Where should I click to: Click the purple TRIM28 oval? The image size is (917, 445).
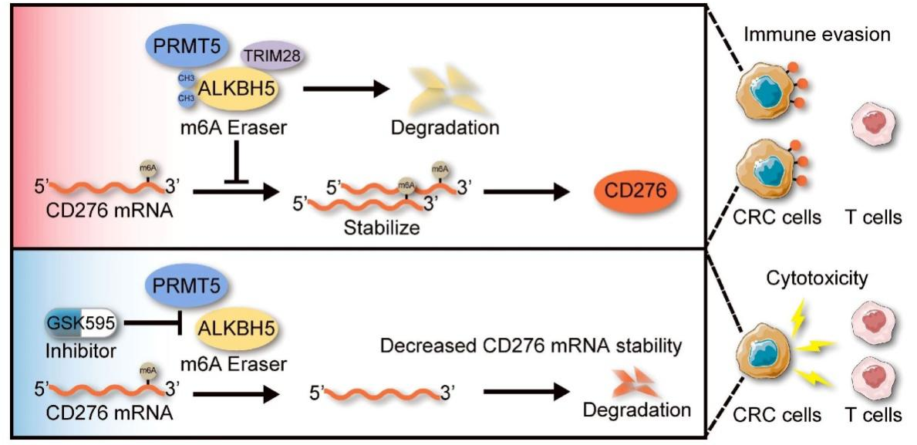coord(272,56)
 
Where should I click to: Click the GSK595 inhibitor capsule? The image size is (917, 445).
coord(79,325)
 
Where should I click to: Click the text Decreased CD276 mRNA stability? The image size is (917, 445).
coord(532,346)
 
